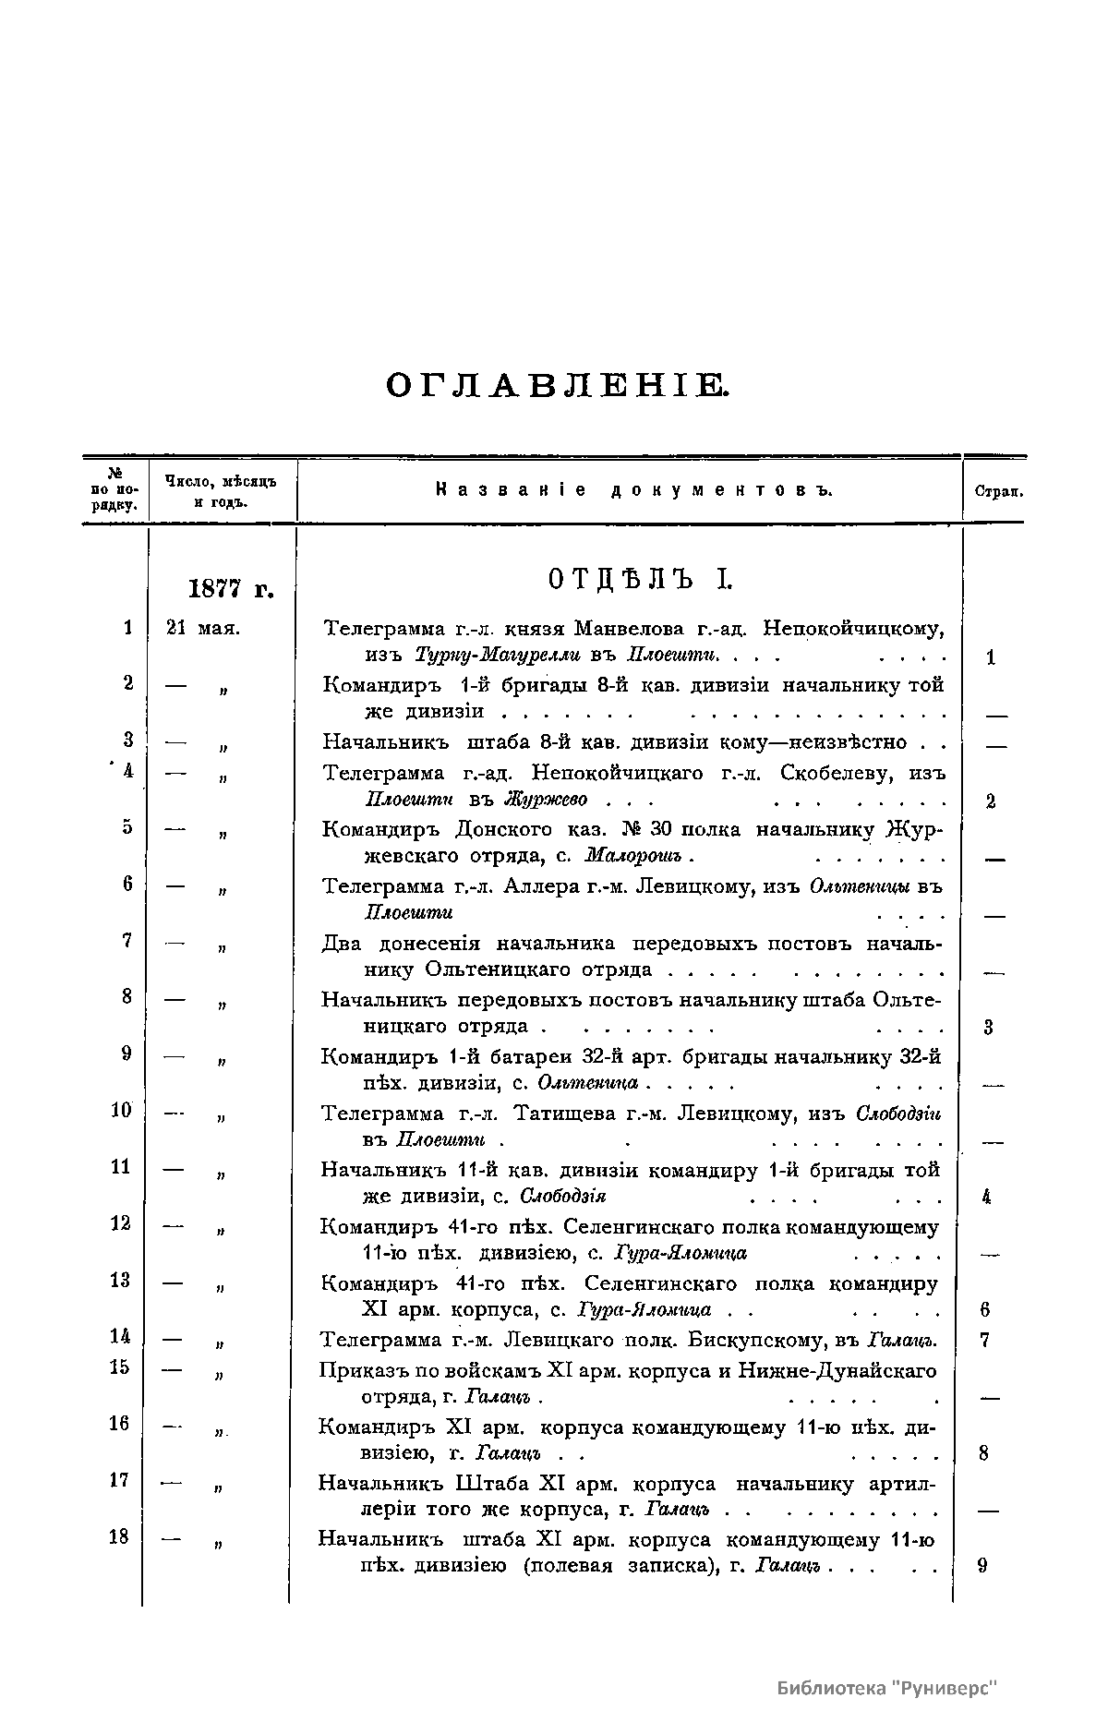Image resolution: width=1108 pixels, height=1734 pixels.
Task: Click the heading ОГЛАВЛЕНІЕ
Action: click(556, 386)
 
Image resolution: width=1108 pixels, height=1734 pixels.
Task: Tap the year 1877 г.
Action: click(231, 588)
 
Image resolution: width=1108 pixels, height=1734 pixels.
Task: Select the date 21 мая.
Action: click(203, 629)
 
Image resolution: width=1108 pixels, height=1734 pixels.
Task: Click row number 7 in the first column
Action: click(126, 940)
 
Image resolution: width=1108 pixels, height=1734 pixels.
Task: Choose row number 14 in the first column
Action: click(120, 1336)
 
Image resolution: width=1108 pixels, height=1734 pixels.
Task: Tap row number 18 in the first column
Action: click(119, 1536)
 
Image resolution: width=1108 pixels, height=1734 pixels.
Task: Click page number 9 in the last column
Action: click(982, 1566)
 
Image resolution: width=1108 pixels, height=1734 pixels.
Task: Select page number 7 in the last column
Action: click(984, 1340)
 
